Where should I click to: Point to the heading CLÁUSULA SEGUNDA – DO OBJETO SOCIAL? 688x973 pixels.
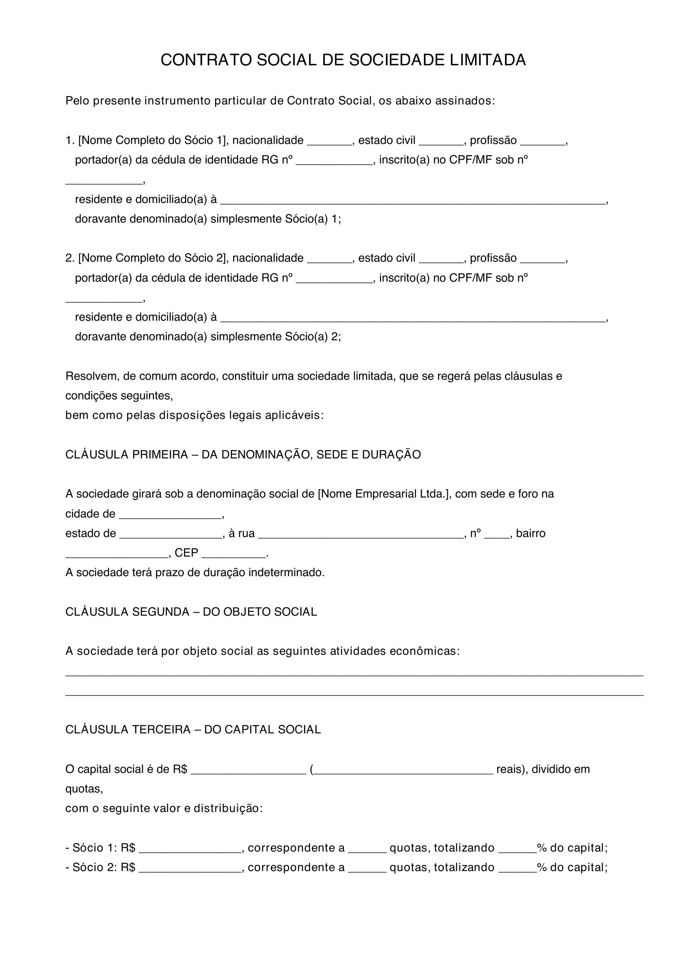pyautogui.click(x=191, y=612)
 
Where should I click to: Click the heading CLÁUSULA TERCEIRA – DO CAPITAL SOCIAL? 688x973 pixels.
pyautogui.click(x=193, y=730)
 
